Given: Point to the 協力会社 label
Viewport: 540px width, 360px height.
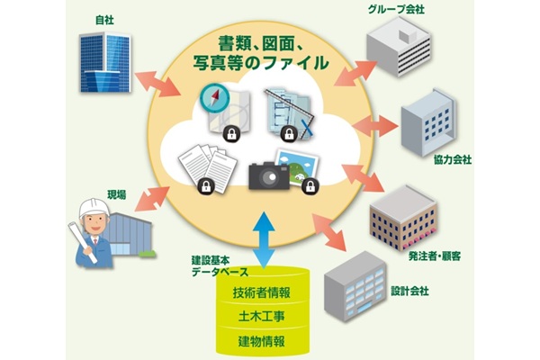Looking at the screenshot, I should point(452,159).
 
